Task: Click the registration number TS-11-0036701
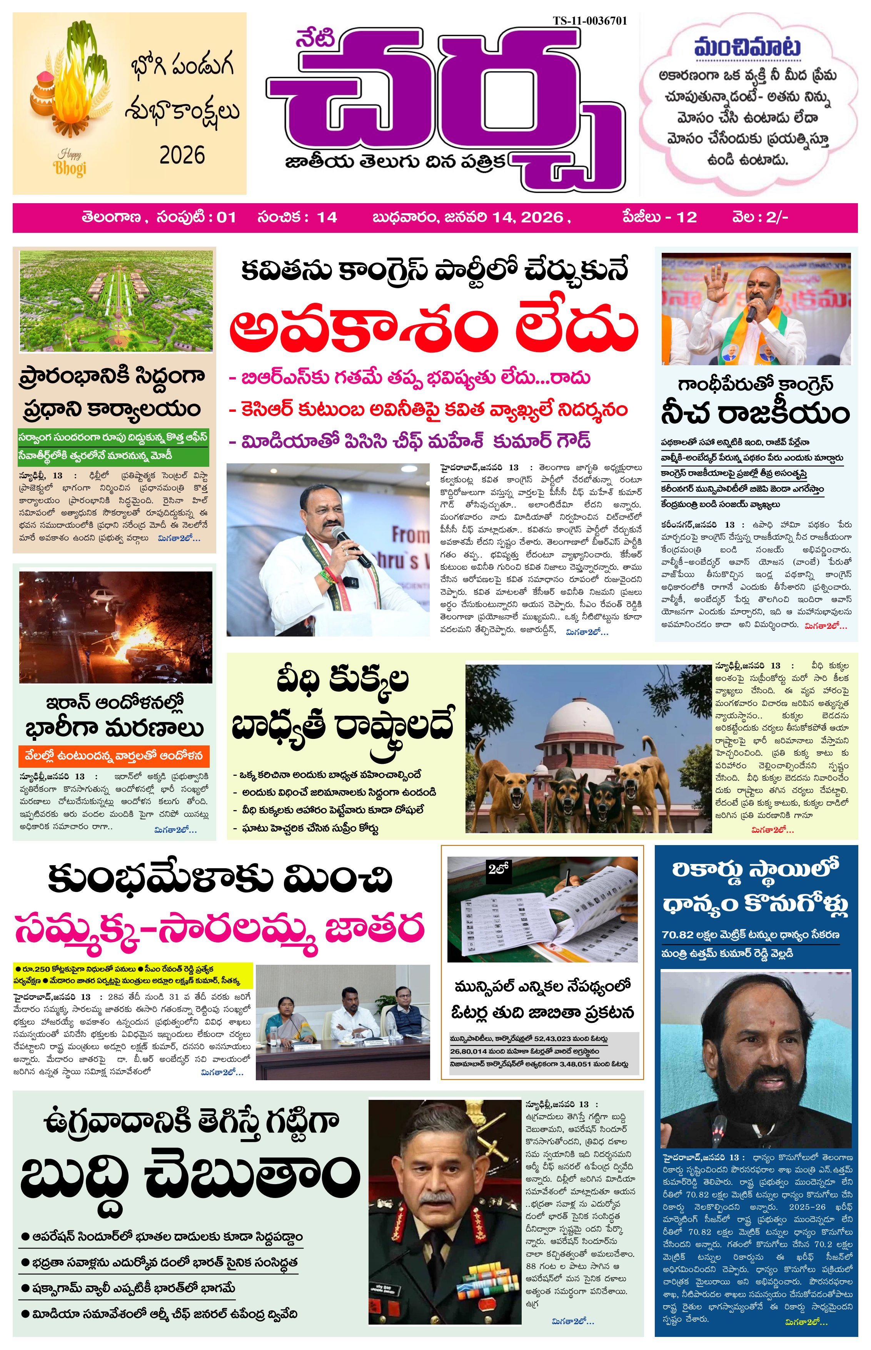point(589,21)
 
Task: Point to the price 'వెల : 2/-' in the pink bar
point(759,217)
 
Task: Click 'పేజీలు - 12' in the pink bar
point(659,217)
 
